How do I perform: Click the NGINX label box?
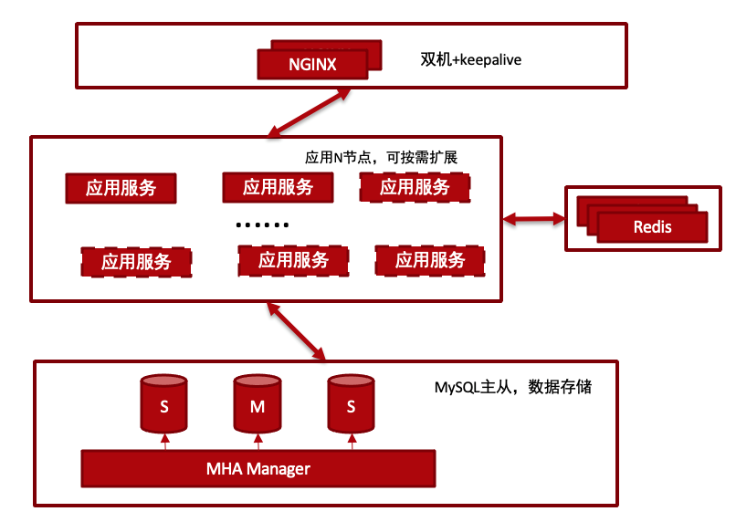pos(312,64)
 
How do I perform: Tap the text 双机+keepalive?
pos(470,59)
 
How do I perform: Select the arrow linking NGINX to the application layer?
pos(310,112)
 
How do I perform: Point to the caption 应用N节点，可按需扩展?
pos(381,157)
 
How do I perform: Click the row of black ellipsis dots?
pos(262,225)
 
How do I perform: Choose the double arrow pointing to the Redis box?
pos(533,218)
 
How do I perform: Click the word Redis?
pos(653,227)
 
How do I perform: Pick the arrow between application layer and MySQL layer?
pos(296,331)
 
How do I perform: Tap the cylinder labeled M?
pos(258,403)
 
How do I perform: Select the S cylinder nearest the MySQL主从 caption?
pos(351,403)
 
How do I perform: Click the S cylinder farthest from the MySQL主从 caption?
pos(163,403)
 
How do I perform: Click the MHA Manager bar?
pos(258,468)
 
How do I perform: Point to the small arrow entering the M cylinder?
pos(258,442)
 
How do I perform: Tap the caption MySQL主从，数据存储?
pos(512,387)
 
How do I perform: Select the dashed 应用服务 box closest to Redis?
pos(415,187)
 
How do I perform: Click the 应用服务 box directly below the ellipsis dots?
pos(293,260)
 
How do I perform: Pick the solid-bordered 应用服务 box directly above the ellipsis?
pos(278,188)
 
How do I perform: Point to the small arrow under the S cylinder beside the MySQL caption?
pos(352,442)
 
